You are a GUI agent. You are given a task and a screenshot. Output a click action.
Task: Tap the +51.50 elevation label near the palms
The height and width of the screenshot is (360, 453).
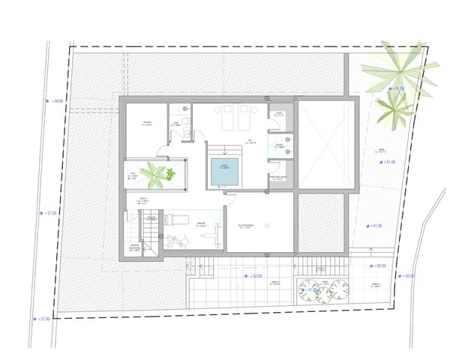tap(394, 88)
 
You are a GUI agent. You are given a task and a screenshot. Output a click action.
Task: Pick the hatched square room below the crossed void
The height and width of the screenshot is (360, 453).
tap(321, 223)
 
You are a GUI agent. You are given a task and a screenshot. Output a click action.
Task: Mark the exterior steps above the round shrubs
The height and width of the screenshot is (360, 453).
tap(320, 266)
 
